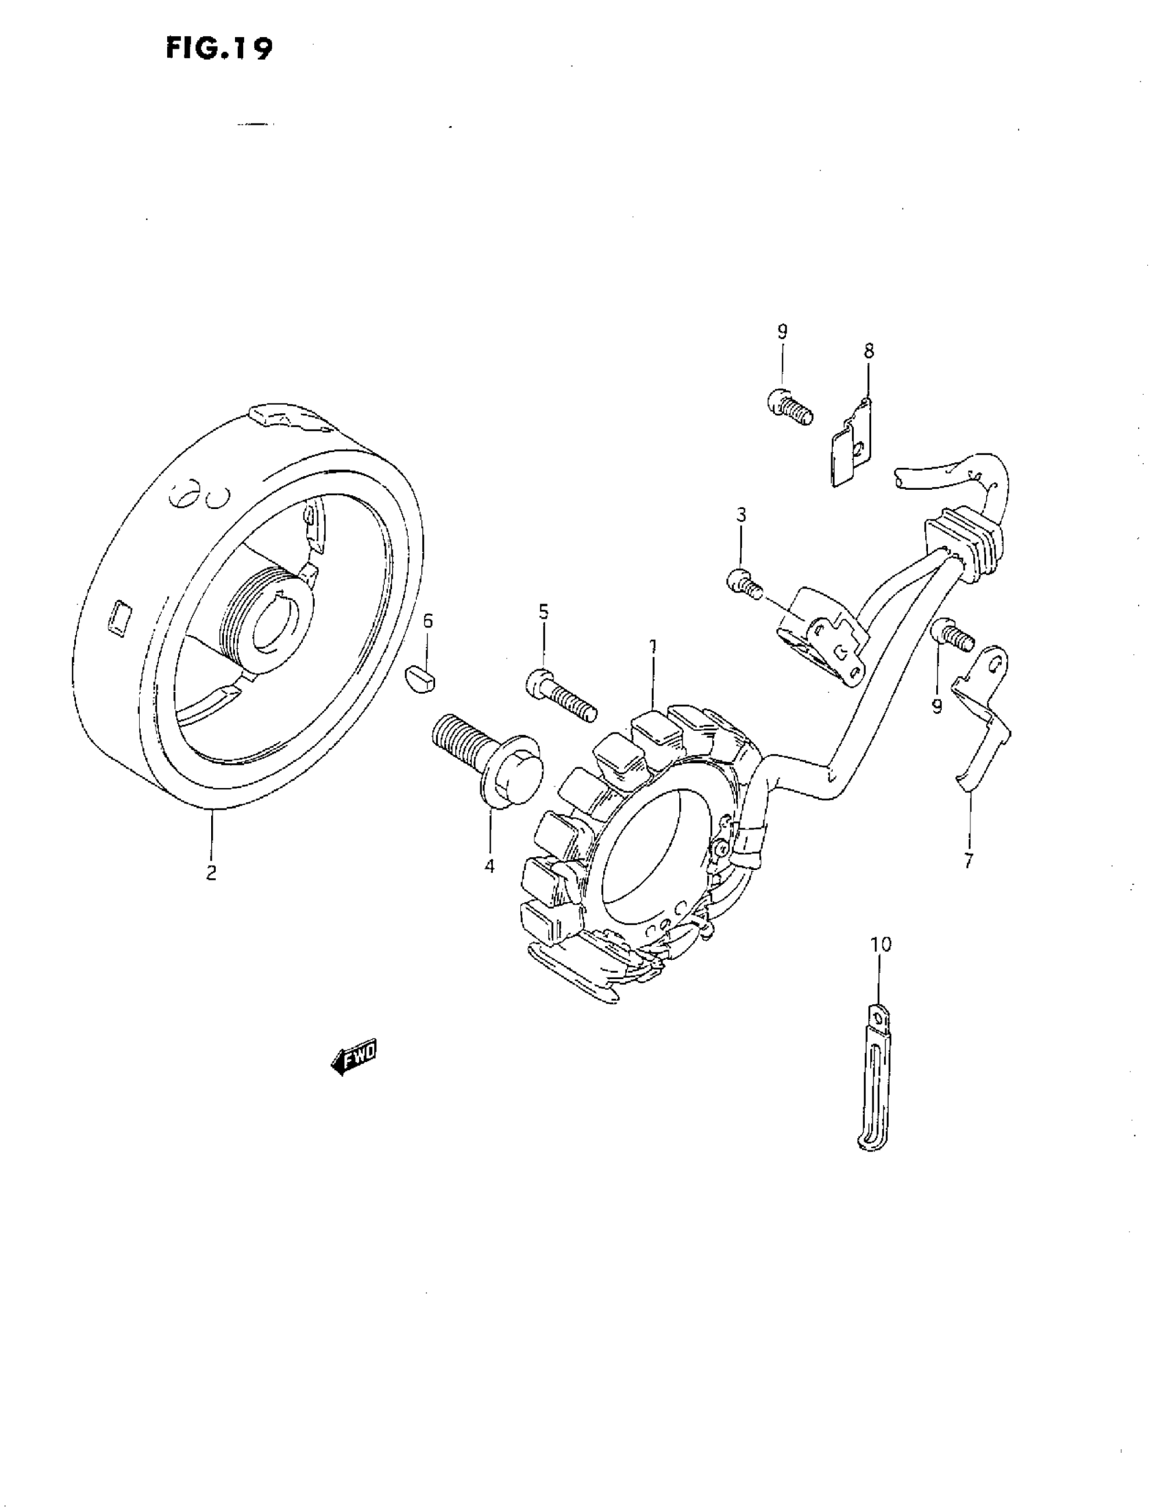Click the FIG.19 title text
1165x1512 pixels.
[x=219, y=49]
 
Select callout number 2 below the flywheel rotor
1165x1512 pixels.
[x=210, y=872]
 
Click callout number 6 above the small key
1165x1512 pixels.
[x=428, y=621]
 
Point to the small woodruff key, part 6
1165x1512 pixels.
[x=419, y=678]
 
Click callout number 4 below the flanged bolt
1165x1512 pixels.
[x=490, y=865]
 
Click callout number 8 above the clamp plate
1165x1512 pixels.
[x=868, y=350]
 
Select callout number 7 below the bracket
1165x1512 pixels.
[x=968, y=861]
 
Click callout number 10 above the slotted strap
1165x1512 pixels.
[x=881, y=943]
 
